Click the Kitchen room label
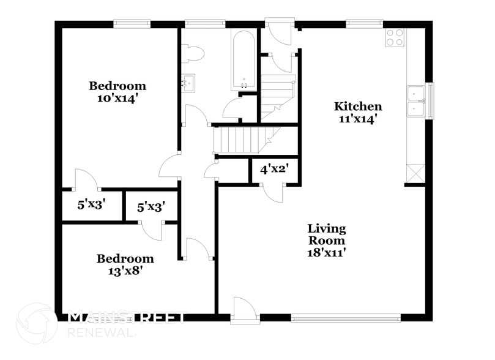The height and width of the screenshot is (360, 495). pos(358,107)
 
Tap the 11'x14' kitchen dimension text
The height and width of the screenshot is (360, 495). pos(358,119)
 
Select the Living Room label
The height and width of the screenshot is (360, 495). pos(326,234)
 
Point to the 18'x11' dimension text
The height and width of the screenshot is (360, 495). pos(326,252)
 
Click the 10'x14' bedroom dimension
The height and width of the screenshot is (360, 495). pos(117,98)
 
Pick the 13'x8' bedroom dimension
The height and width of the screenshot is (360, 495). pos(125,271)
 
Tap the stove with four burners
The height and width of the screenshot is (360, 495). pos(394,38)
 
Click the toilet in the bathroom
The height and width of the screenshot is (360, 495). pos(195,54)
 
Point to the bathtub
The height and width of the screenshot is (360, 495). pos(244,59)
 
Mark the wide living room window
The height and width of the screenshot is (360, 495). pos(346,318)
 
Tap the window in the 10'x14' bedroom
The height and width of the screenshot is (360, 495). pos(132,24)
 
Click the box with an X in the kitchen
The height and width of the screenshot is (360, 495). pos(415,173)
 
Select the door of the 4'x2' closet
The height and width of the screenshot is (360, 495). pos(273,191)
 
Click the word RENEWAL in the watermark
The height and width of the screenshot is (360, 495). pos(102,332)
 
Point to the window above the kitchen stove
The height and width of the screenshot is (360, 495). pos(365,24)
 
